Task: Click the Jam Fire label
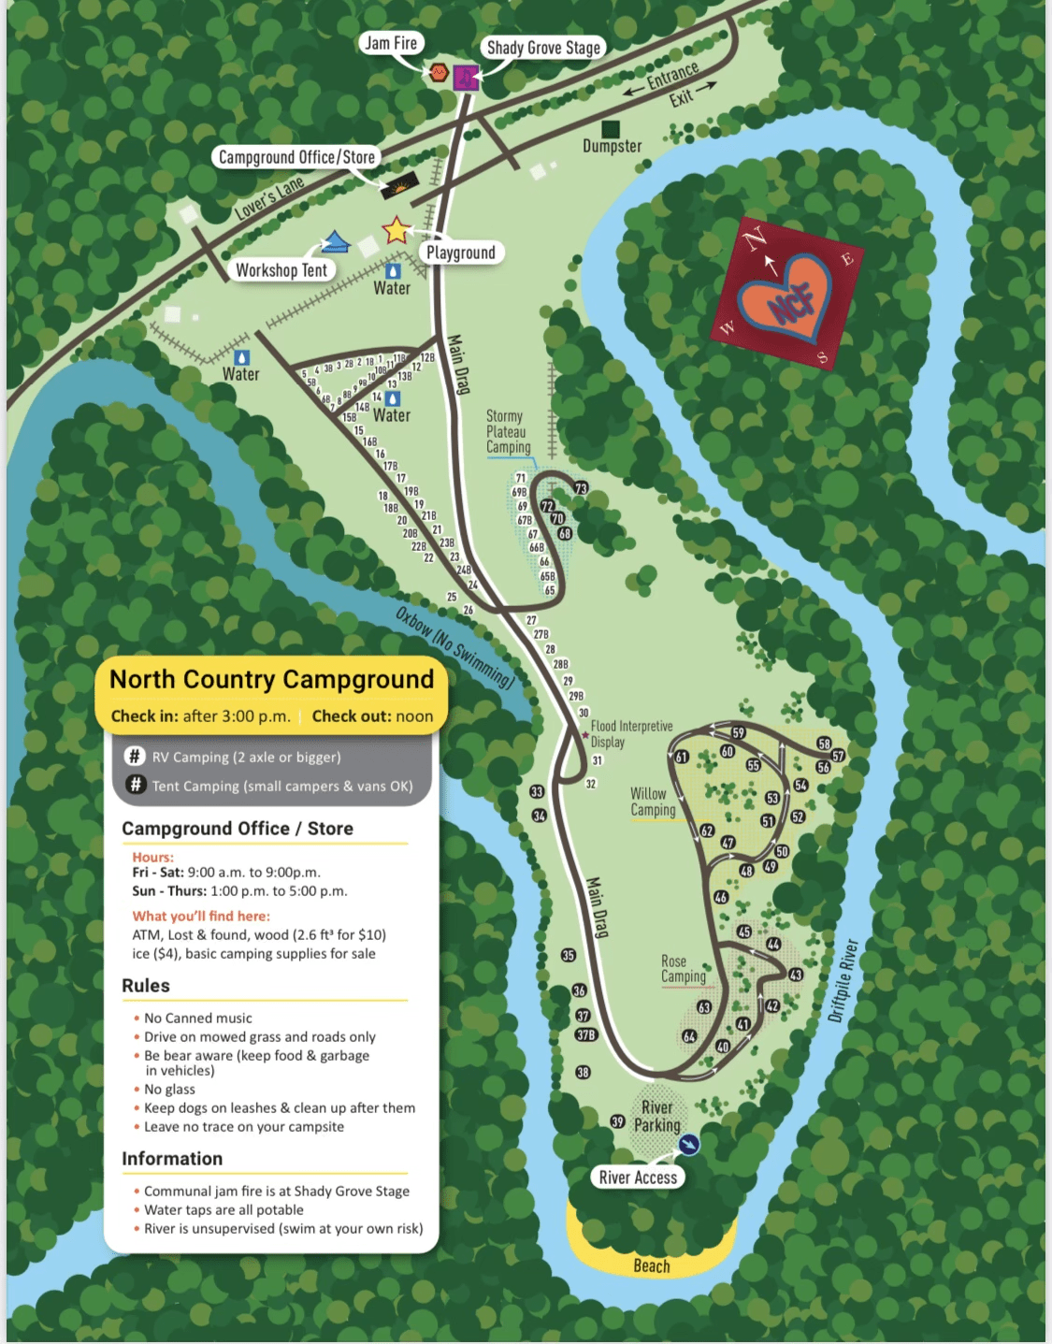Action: click(392, 43)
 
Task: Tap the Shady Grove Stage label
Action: click(543, 48)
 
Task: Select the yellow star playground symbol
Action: click(396, 229)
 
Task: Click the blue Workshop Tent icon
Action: click(335, 243)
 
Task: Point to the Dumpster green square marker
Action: click(611, 128)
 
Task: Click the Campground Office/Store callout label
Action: click(296, 157)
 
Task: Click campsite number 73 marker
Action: click(581, 488)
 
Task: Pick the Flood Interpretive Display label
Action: click(630, 733)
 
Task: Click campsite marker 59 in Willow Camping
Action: click(739, 732)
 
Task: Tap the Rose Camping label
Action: click(683, 969)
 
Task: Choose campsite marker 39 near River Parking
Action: click(617, 1120)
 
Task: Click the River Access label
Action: click(638, 1178)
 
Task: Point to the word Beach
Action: click(652, 1265)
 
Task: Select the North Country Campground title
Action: click(271, 679)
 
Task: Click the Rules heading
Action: click(146, 986)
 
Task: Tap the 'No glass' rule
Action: click(169, 1089)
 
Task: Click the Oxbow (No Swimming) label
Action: click(454, 647)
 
